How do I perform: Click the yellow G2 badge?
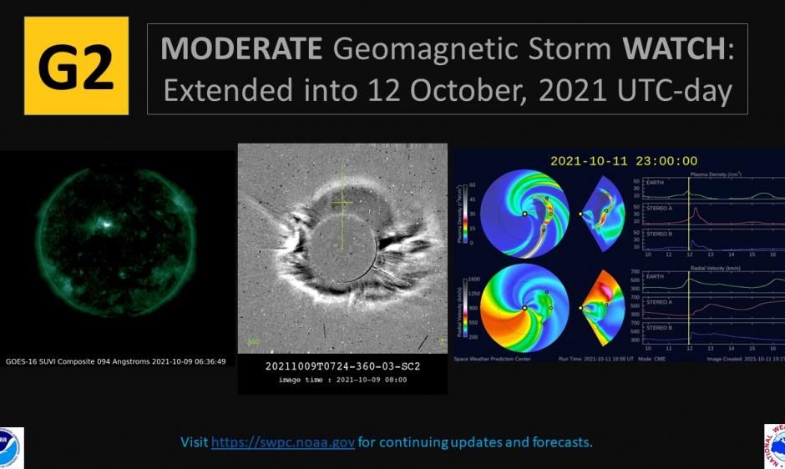(76, 66)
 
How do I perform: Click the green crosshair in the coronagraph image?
(342, 202)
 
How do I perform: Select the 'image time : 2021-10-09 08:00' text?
(342, 381)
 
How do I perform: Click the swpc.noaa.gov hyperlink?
(283, 441)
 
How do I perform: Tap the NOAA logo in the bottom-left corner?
(10, 447)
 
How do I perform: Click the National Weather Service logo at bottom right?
(775, 446)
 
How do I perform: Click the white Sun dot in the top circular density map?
(524, 214)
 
